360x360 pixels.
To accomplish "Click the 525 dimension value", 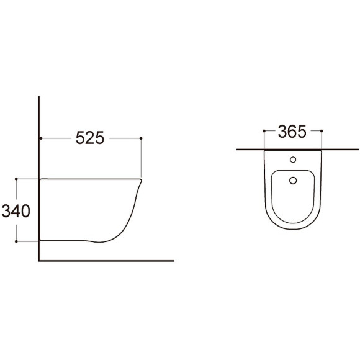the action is pos(90,138).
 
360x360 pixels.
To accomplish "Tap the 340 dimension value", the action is pos(16,211).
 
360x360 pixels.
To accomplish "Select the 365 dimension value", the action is pos(292,132).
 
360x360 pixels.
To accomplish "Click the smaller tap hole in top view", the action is pos(293,160).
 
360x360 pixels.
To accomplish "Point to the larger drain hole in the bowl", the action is pos(293,181).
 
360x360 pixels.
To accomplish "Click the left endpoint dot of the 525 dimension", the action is pos(41,138).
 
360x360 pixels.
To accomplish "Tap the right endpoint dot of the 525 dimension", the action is pos(141,138).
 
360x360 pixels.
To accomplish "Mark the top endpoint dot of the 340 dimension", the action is pos(16,179).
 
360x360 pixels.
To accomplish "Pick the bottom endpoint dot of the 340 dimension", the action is pos(16,241).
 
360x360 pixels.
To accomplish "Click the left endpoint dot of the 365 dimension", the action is pos(264,131).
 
